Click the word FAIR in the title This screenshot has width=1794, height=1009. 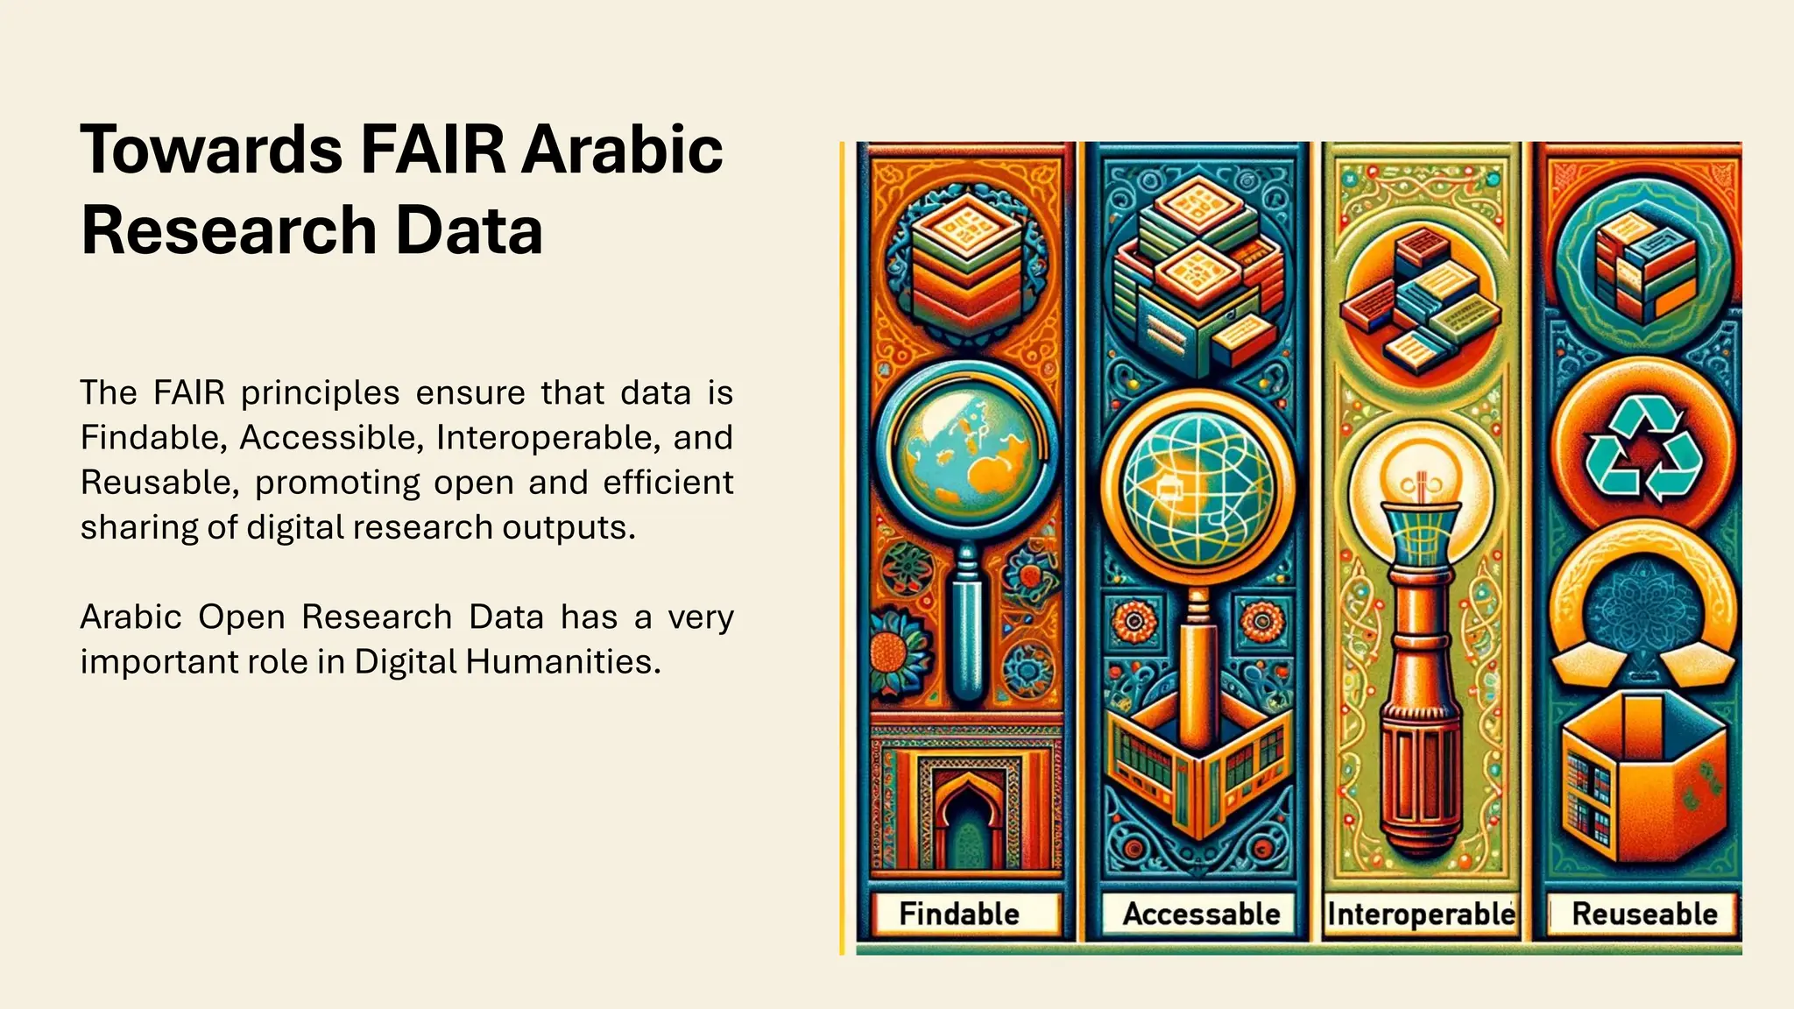point(433,150)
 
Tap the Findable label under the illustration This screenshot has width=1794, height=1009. point(959,914)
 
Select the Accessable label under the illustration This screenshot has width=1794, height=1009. point(1201,914)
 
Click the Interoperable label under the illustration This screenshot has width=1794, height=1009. point(1421,914)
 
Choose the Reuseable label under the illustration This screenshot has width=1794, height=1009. point(1644,914)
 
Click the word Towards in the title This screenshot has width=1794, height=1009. point(211,150)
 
